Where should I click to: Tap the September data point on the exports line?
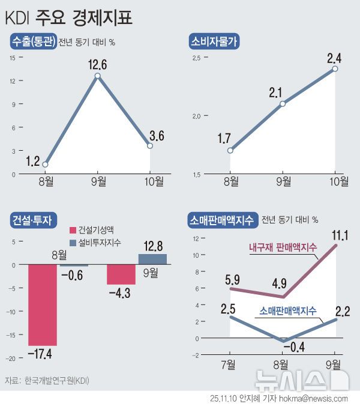point(97,76)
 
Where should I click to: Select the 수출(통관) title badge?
point(33,41)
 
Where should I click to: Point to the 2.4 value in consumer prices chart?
point(335,58)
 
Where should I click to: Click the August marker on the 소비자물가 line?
point(230,150)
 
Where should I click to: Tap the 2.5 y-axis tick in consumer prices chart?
point(197,58)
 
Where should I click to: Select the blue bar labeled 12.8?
point(153,259)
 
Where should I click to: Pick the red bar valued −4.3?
point(121,274)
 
